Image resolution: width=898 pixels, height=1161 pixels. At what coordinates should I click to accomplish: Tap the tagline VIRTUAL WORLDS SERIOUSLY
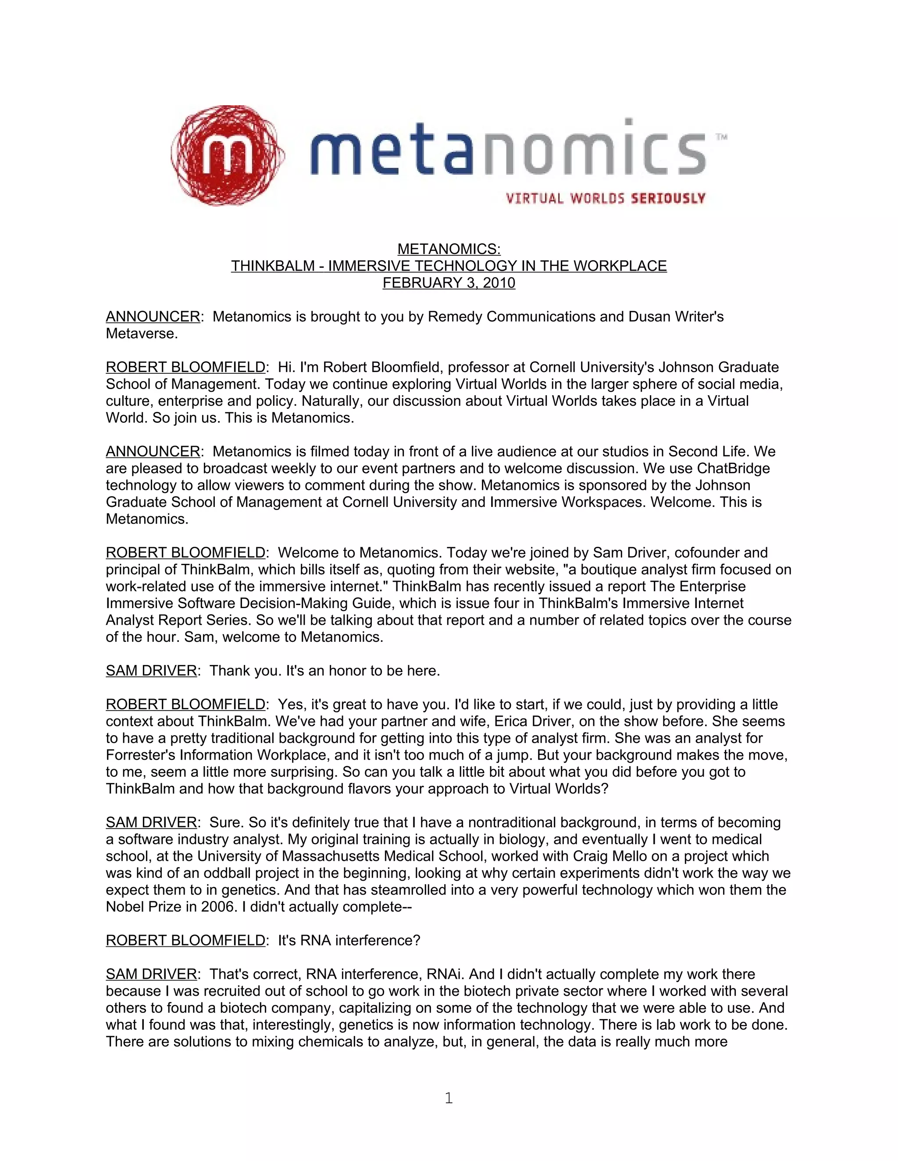click(606, 199)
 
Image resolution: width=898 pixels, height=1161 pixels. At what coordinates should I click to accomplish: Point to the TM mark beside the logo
click(721, 137)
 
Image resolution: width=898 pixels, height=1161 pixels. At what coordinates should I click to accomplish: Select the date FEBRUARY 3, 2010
click(449, 283)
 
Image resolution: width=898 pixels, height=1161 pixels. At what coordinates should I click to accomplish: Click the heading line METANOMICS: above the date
click(449, 249)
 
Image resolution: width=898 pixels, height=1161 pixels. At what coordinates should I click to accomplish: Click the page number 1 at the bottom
click(449, 1098)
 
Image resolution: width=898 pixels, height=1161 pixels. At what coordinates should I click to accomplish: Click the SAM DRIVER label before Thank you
click(152, 671)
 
